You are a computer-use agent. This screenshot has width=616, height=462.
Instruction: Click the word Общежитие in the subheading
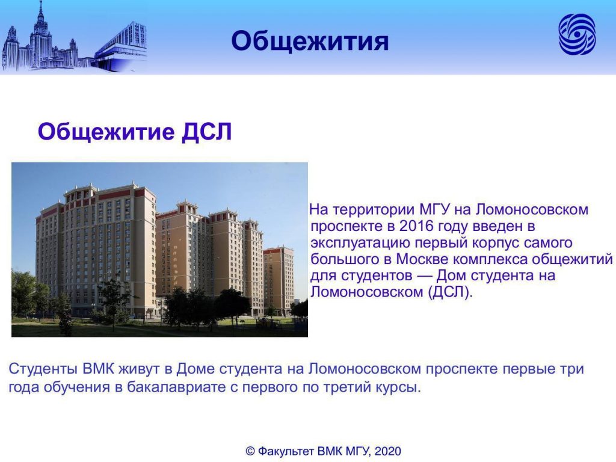click(x=106, y=132)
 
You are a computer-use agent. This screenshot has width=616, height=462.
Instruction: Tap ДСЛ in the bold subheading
click(x=206, y=132)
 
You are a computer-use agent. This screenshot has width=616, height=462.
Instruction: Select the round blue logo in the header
click(x=577, y=34)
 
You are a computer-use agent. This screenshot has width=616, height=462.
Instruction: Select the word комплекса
click(x=487, y=259)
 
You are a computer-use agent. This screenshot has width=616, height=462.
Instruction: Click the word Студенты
click(x=43, y=369)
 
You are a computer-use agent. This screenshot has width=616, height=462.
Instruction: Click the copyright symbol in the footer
click(x=250, y=451)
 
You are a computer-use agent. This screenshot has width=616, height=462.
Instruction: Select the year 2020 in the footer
click(x=388, y=451)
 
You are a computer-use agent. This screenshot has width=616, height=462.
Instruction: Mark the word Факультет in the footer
click(x=286, y=451)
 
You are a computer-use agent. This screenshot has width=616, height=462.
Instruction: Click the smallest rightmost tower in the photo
click(x=279, y=279)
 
